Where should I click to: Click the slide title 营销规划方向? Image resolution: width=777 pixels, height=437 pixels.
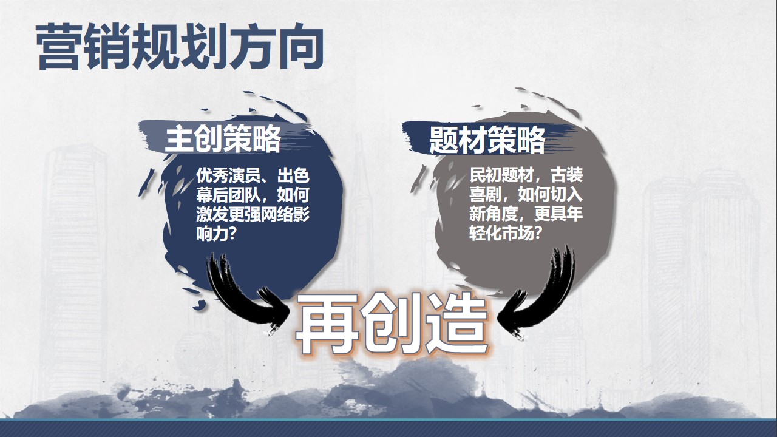[x=180, y=47]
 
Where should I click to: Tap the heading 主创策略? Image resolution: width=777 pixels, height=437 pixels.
[x=223, y=140]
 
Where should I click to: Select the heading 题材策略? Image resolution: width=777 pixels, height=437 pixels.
[x=487, y=140]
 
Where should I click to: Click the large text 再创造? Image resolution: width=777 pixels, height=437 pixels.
[x=392, y=324]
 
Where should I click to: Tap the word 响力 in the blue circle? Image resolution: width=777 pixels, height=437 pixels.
[x=212, y=234]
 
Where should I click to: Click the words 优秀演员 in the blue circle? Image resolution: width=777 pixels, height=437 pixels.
[x=228, y=175]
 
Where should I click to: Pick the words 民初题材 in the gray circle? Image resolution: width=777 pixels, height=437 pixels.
[x=501, y=175]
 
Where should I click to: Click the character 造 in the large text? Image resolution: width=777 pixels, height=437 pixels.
[x=457, y=324]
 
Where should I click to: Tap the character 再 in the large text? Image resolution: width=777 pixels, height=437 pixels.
[x=327, y=324]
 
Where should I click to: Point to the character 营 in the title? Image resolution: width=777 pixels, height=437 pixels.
[x=59, y=47]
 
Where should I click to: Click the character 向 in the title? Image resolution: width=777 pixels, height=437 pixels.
[x=300, y=47]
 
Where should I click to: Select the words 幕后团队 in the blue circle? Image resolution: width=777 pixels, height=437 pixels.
[x=228, y=195]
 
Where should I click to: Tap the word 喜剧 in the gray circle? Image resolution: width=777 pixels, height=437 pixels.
[x=485, y=194]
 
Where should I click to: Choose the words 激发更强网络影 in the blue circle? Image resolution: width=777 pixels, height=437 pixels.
[x=253, y=215]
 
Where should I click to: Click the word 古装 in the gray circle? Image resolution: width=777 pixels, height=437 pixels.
[x=566, y=175]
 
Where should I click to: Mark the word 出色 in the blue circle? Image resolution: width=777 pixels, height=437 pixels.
[x=293, y=175]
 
